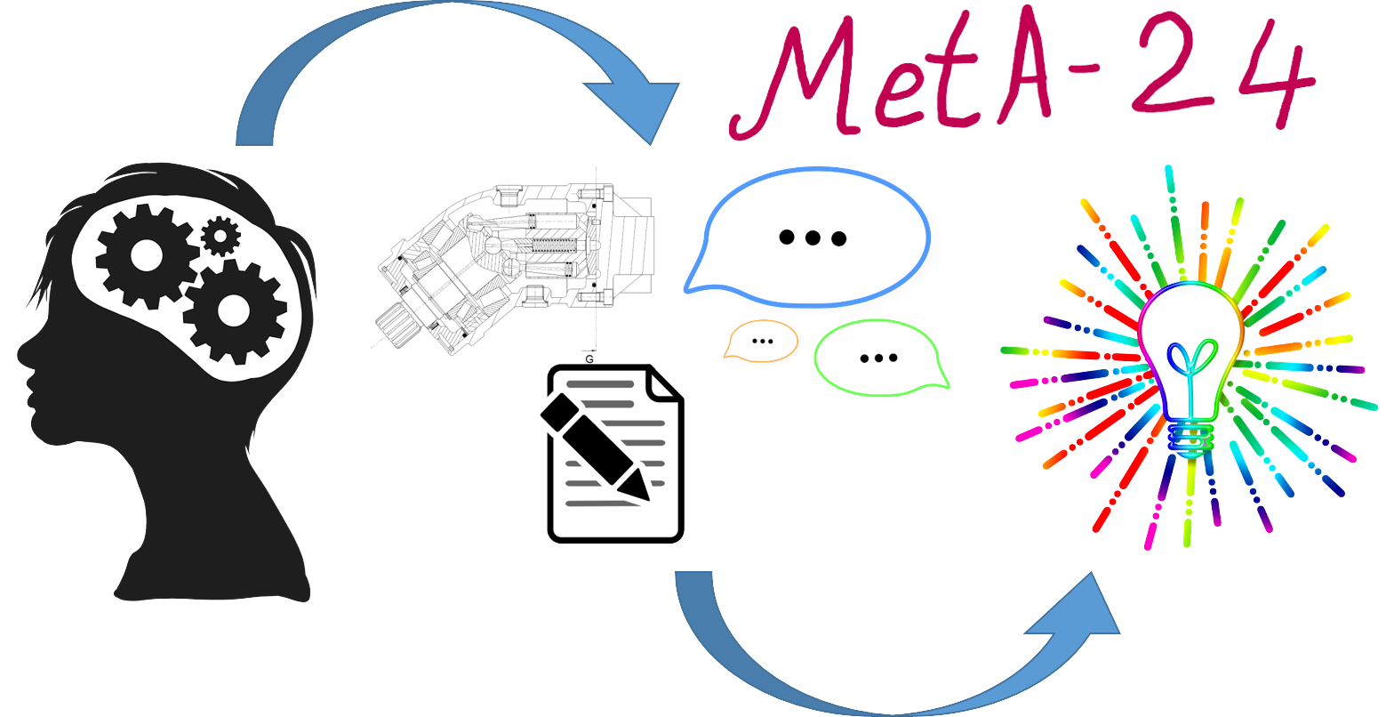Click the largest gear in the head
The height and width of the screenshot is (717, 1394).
pos(234,310)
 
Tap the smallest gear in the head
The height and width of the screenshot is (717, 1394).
pos(220,236)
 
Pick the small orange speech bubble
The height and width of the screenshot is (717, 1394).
pos(762,341)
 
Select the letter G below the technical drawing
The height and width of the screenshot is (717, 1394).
pos(589,358)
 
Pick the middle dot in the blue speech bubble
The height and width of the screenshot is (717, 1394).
pos(812,238)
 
